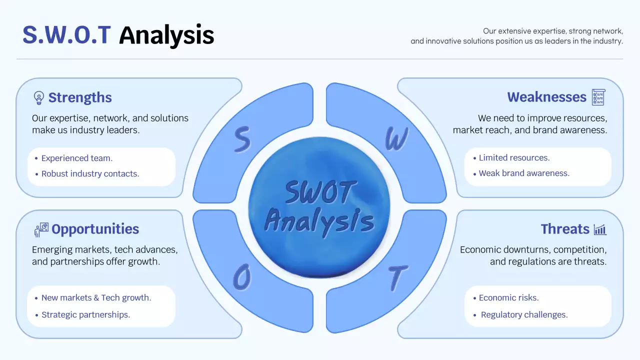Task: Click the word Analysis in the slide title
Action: [x=166, y=35]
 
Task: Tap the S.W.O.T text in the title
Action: [x=66, y=35]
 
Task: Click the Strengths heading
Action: [x=80, y=97]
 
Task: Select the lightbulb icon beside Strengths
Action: [x=38, y=97]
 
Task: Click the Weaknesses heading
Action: [x=546, y=97]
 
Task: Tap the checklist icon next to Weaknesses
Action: [x=598, y=97]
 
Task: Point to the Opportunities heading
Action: [x=95, y=229]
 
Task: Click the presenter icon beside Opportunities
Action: [x=41, y=229]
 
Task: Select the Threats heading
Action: [x=565, y=229]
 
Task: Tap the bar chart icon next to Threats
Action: [x=600, y=229]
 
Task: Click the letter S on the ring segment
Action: [x=242, y=139]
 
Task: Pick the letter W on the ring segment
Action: [x=396, y=139]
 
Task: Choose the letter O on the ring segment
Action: [x=242, y=278]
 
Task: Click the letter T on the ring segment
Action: [x=397, y=278]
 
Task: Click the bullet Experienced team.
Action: [x=76, y=158]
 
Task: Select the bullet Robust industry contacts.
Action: [x=90, y=174]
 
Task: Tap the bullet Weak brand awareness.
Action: [x=524, y=173]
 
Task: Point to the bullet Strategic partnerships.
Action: [x=85, y=314]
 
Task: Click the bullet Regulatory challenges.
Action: [x=524, y=314]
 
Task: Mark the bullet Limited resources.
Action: [x=514, y=157]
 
